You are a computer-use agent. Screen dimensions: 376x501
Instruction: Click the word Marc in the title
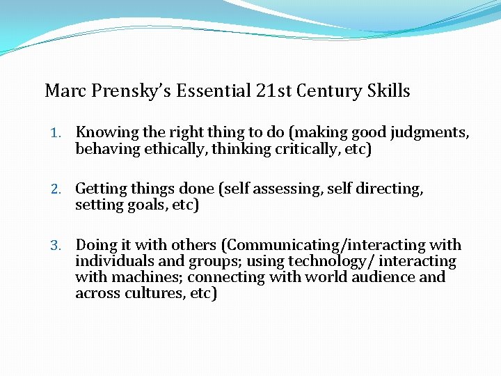pyautogui.click(x=63, y=91)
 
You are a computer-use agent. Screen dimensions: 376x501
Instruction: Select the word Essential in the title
pyautogui.click(x=204, y=91)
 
